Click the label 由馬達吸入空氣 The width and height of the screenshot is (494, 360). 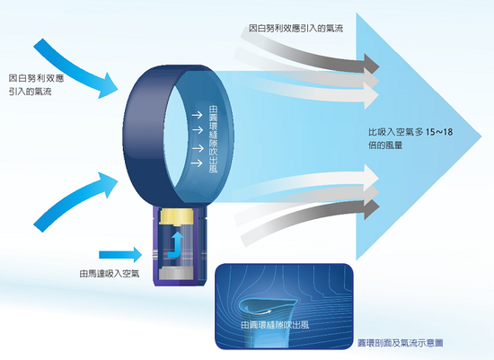pos(109,274)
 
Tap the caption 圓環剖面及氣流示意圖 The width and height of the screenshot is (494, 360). pos(401,343)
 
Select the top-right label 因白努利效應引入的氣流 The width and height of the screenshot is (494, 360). pos(296,29)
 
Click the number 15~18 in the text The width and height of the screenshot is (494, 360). pos(439,132)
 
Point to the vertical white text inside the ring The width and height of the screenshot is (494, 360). pos(213,139)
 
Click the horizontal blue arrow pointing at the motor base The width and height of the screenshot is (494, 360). pos(120,254)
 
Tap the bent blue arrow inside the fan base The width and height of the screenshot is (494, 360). pos(175,245)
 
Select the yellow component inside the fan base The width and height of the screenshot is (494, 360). pos(176,216)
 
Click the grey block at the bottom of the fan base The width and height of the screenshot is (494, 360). pos(175,272)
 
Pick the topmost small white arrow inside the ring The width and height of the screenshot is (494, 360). pos(197,115)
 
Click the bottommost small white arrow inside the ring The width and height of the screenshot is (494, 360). pos(197,163)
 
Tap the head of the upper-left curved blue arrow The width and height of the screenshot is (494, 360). pos(108,86)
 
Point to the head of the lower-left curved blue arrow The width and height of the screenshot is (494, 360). pos(108,185)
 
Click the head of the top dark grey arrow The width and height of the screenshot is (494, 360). pos(372,64)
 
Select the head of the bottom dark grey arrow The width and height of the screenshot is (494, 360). pos(372,209)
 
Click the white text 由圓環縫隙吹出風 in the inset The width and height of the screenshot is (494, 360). pos(275,325)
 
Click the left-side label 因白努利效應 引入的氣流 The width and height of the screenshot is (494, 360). pos(36,84)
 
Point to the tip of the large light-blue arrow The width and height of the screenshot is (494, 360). pos(481,136)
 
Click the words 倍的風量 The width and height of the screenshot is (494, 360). pos(385,145)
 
